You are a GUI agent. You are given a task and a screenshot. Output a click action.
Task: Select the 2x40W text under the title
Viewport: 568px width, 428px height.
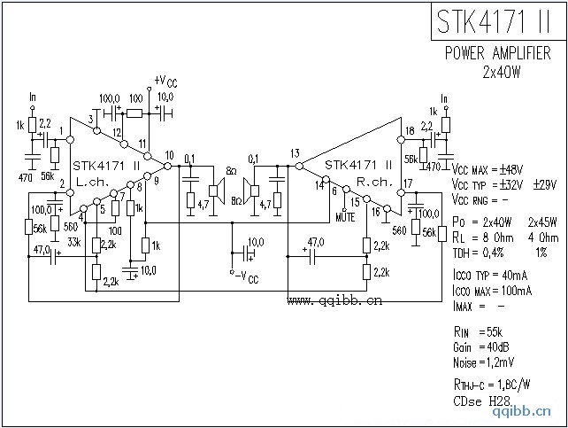[x=501, y=71]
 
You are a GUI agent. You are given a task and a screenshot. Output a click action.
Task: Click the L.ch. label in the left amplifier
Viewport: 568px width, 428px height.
[x=93, y=180]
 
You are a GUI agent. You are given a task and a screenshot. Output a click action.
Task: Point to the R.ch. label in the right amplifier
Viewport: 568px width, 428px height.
[x=374, y=180]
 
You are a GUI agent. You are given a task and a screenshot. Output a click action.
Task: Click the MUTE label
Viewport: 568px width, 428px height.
[x=346, y=215]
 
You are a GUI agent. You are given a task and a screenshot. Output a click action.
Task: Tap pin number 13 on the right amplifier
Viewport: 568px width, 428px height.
[x=295, y=152]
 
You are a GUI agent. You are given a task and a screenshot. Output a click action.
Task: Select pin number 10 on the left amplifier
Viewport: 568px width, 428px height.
[x=169, y=155]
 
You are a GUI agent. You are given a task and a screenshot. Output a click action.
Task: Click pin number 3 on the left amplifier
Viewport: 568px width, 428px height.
[x=91, y=119]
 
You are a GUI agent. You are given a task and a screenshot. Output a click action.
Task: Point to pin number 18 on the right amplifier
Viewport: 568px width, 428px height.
[x=409, y=131]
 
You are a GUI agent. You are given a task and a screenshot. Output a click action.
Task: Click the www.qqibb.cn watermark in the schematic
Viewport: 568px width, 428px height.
[x=334, y=300]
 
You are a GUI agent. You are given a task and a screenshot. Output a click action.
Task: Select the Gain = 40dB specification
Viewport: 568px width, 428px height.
[x=484, y=347]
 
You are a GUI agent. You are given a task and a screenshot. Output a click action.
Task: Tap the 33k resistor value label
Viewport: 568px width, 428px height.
[x=74, y=240]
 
